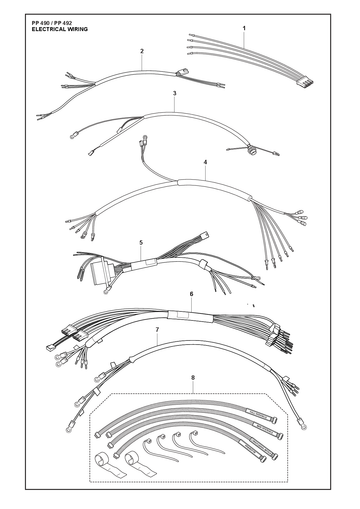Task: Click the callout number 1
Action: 244,29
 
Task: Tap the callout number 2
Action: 142,51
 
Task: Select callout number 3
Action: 174,94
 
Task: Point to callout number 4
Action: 205,162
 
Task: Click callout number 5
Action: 141,242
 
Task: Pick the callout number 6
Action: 191,294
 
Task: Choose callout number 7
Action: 157,329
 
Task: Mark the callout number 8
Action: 193,378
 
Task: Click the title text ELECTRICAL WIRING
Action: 60,29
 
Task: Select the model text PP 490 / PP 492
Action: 52,23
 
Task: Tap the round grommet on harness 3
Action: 252,149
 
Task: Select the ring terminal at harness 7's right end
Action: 303,424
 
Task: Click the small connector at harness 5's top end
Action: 205,235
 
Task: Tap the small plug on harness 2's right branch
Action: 183,72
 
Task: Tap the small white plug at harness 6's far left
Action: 50,348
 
